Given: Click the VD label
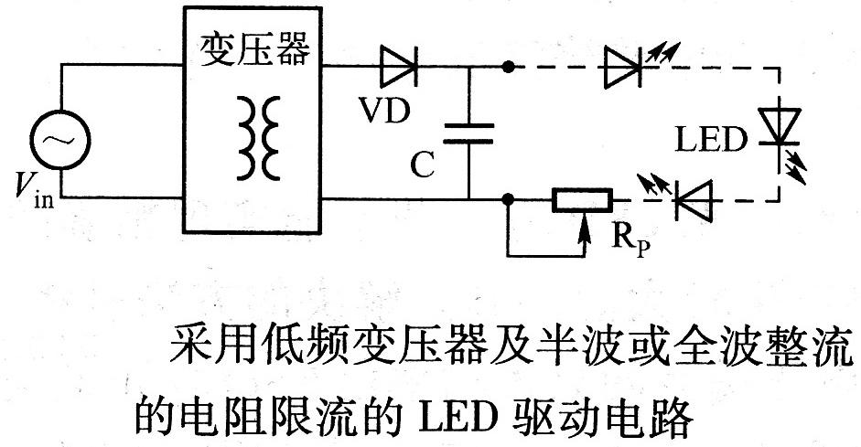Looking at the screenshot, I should [383, 109].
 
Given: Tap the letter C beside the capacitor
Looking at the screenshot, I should [422, 164].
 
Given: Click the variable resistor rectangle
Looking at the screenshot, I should [580, 199].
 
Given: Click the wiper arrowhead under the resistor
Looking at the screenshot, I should [582, 220].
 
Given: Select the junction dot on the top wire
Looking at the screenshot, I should [507, 66].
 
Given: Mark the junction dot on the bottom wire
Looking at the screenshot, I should [507, 198].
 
